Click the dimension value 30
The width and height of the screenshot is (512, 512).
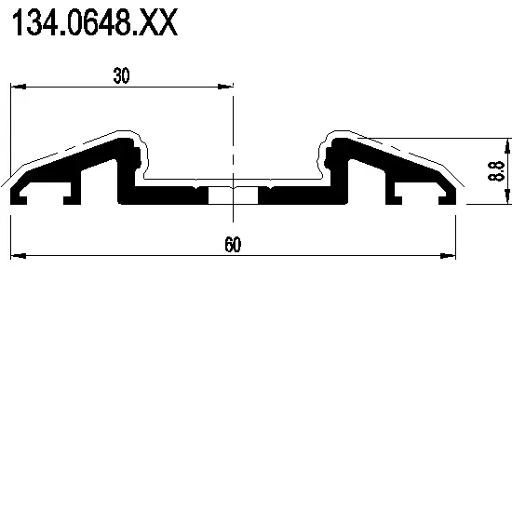tap(121, 76)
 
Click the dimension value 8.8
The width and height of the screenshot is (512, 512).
tap(495, 170)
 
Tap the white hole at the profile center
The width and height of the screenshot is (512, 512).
tap(233, 195)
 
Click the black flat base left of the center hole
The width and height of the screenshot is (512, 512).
tap(163, 195)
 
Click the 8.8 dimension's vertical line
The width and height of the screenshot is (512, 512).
tap(507, 170)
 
